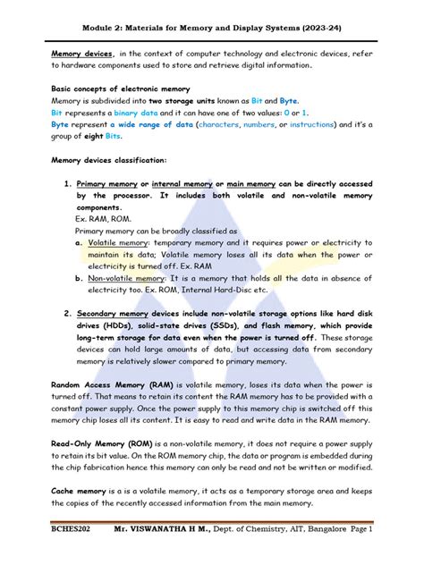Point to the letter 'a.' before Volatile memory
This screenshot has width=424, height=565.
tap(80, 242)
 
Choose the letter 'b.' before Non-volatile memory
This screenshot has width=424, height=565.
tap(80, 277)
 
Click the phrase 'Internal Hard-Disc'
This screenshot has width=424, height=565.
tap(224, 290)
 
